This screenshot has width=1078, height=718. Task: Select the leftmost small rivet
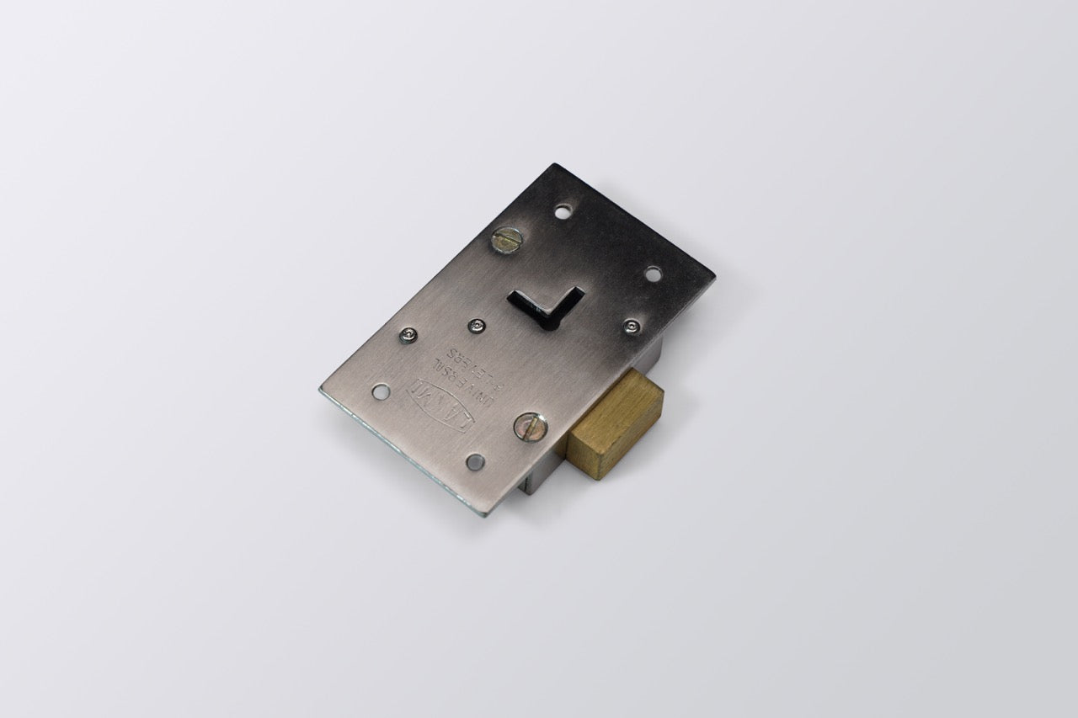(x=408, y=335)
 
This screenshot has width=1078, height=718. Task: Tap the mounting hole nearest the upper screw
(x=563, y=212)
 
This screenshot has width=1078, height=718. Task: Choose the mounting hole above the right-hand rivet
(x=654, y=274)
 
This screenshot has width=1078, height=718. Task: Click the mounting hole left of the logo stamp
(x=381, y=391)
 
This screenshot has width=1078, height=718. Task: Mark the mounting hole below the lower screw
(x=475, y=461)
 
